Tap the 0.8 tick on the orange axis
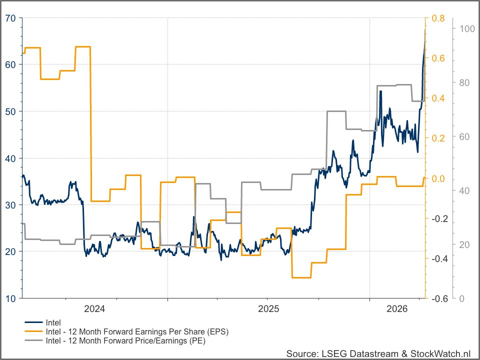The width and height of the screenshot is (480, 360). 438,18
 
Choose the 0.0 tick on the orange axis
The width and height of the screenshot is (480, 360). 438,178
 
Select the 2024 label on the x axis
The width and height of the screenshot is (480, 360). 94,309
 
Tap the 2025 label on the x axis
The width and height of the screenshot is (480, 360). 268,309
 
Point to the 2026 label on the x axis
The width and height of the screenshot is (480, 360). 397,309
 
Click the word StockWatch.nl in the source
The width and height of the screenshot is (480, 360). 439,353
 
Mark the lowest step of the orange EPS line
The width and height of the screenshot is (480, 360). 301,277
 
